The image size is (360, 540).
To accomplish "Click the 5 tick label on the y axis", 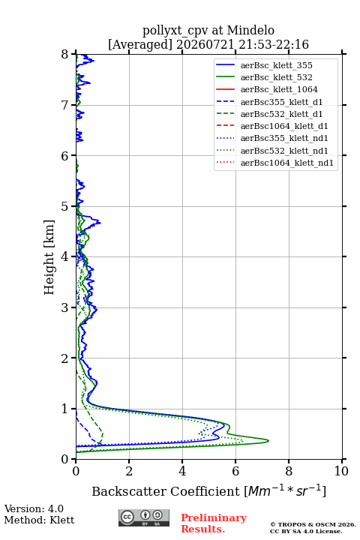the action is pyautogui.click(x=65, y=207).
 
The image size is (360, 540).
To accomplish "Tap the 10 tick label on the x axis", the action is pyautogui.click(x=341, y=471).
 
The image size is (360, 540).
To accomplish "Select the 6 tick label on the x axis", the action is pyautogui.click(x=235, y=471).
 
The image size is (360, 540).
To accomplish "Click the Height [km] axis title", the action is pyautogui.click(x=49, y=257).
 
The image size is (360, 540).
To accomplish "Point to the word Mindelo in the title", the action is pyautogui.click(x=250, y=30).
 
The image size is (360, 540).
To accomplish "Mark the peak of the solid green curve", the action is pyautogui.click(x=268, y=441).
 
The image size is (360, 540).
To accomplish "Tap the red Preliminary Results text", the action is pyautogui.click(x=214, y=523).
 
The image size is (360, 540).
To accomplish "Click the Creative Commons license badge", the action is pyautogui.click(x=144, y=517).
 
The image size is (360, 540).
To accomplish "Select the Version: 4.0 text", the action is pyautogui.click(x=34, y=508).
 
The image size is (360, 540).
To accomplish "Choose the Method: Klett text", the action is pyautogui.click(x=39, y=520).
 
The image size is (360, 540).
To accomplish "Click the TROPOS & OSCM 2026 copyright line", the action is pyautogui.click(x=313, y=524).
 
